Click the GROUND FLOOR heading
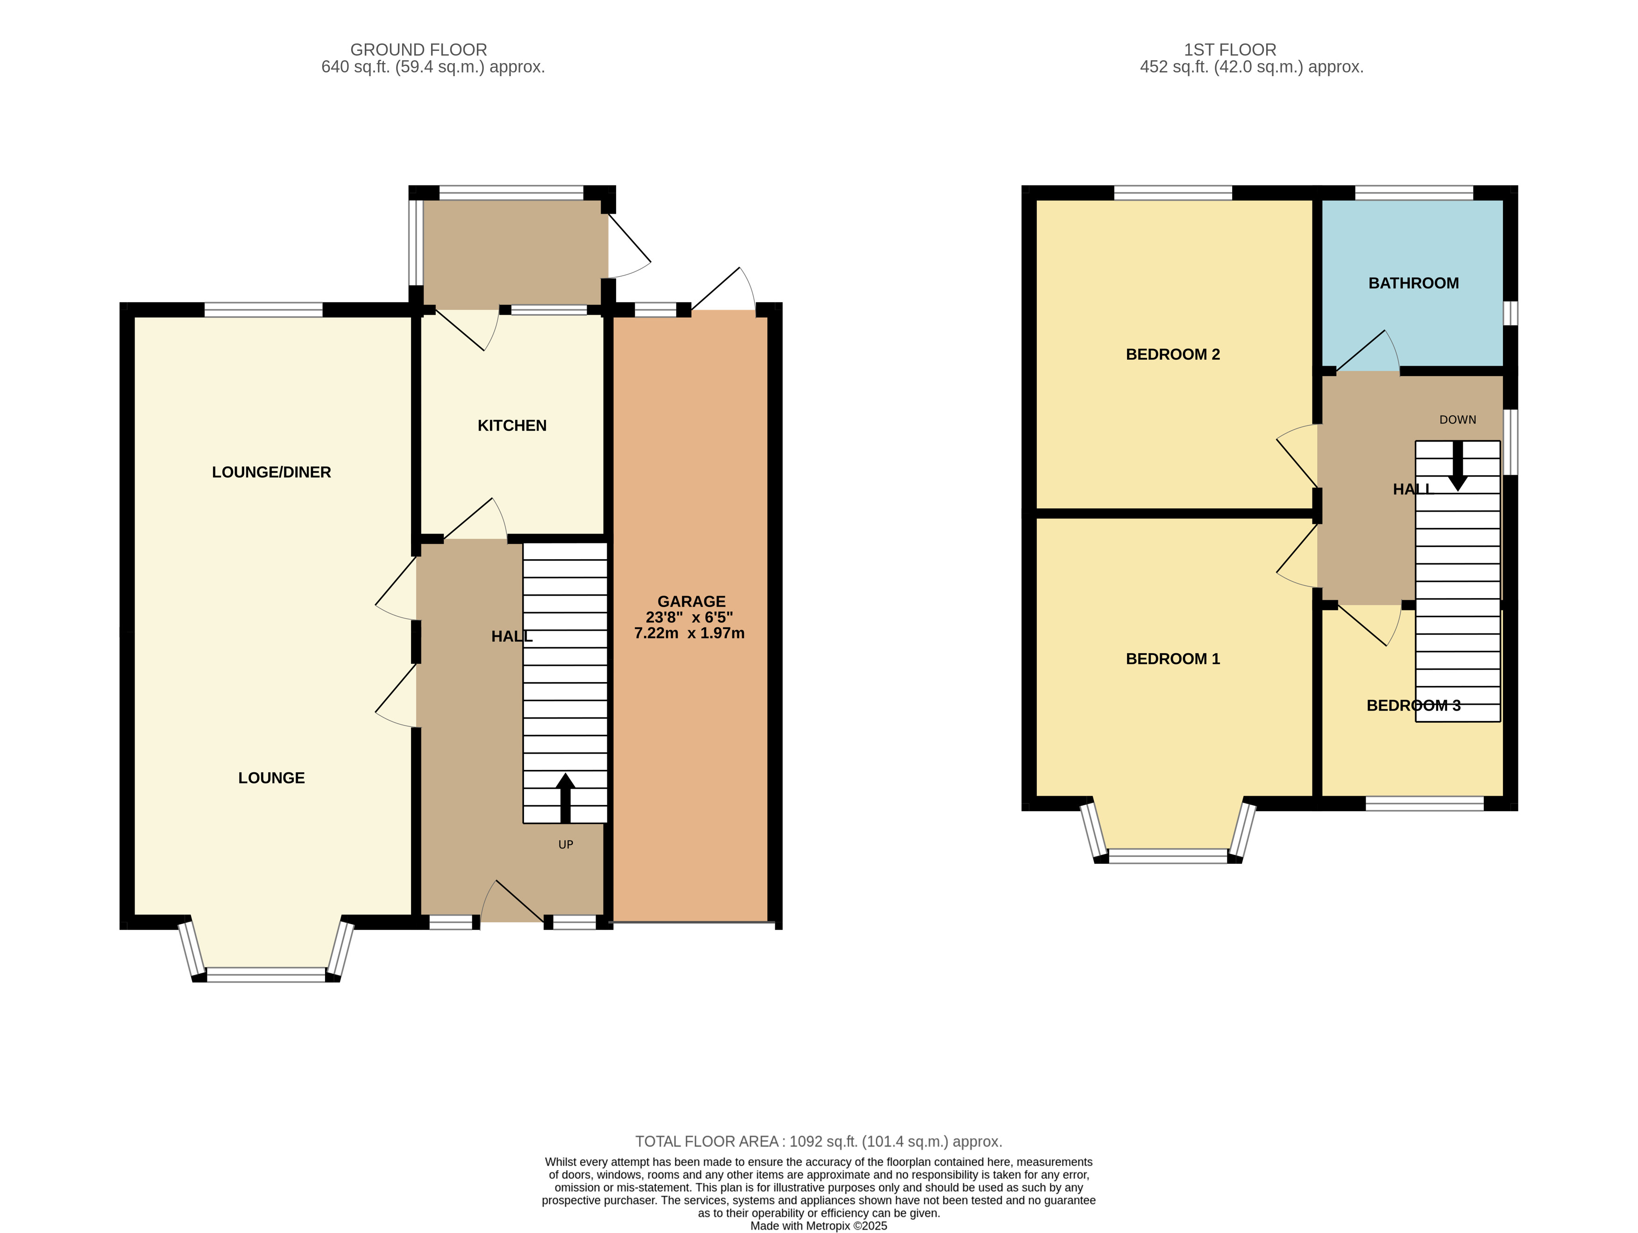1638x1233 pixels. (x=418, y=50)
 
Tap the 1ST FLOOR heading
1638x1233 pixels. (x=1229, y=50)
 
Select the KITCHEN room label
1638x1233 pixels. (x=512, y=425)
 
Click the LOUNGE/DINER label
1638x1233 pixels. (x=271, y=472)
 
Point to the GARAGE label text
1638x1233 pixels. (x=691, y=601)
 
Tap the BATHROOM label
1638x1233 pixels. (x=1413, y=283)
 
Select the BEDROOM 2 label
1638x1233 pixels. (x=1172, y=354)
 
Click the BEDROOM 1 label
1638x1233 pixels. (x=1172, y=658)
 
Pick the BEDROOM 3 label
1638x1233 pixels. (x=1413, y=705)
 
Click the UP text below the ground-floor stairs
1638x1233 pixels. (x=565, y=844)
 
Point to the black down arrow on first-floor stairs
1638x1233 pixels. (x=1457, y=467)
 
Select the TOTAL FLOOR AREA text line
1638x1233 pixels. (x=818, y=1141)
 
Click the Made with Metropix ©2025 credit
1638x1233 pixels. (x=818, y=1226)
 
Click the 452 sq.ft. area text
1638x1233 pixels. (x=1251, y=67)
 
